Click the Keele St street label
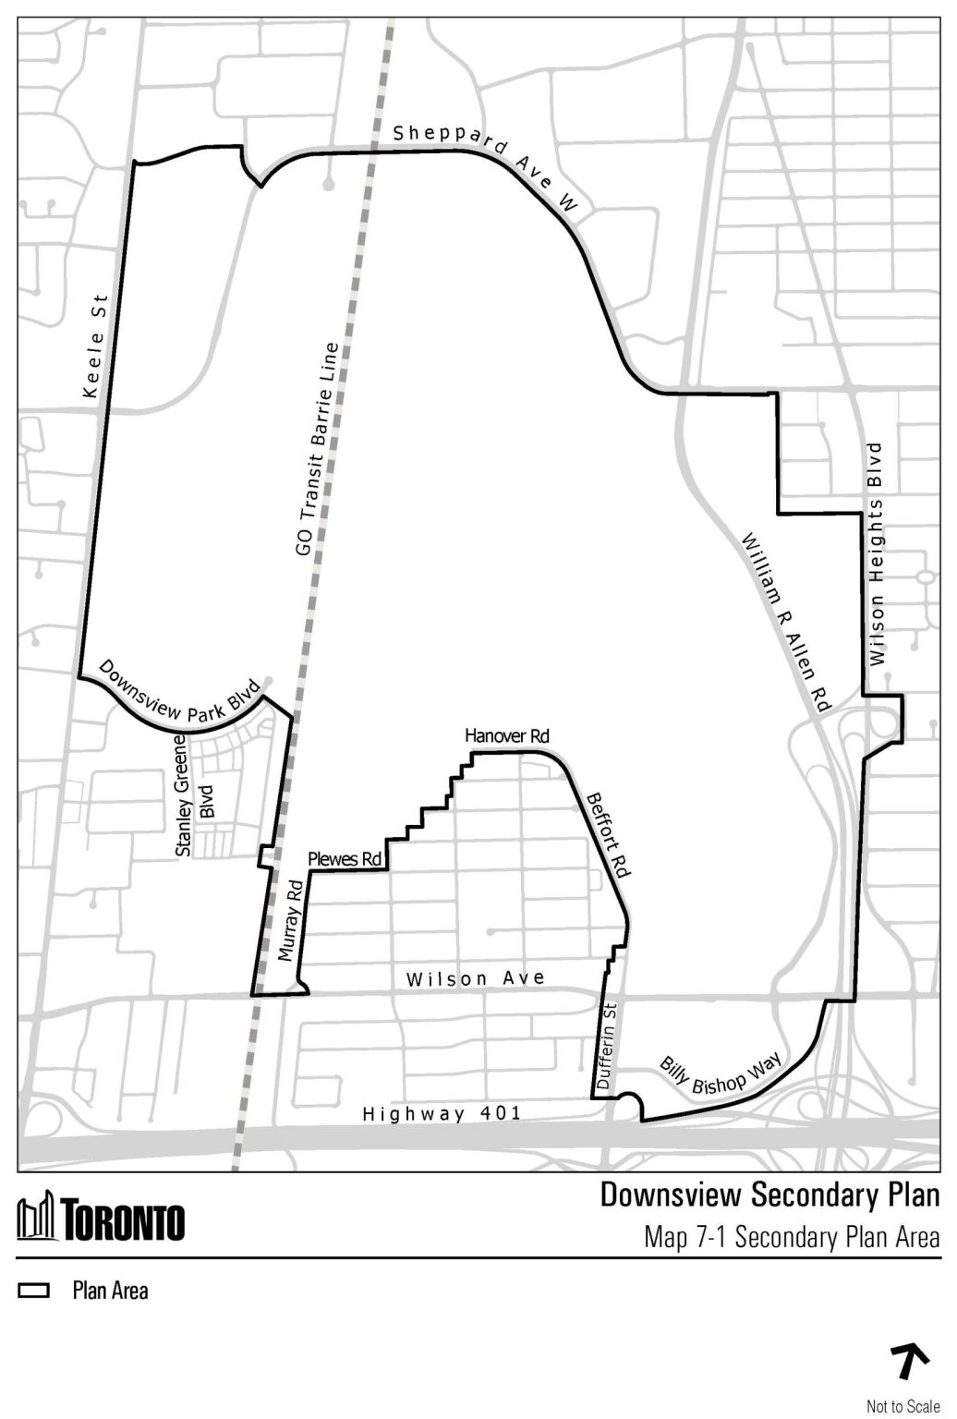pyautogui.click(x=96, y=347)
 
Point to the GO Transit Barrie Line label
pyautogui.click(x=316, y=450)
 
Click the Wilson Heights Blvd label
pyautogui.click(x=876, y=554)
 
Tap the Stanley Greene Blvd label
pyautogui.click(x=194, y=795)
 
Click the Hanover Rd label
pyautogui.click(x=507, y=736)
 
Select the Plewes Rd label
pyautogui.click(x=345, y=860)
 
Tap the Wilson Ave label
pyautogui.click(x=476, y=978)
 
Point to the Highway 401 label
pyautogui.click(x=442, y=1114)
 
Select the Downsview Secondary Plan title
pyautogui.click(x=769, y=1195)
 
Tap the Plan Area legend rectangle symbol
pyautogui.click(x=34, y=1291)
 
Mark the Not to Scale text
pyautogui.click(x=902, y=1406)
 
